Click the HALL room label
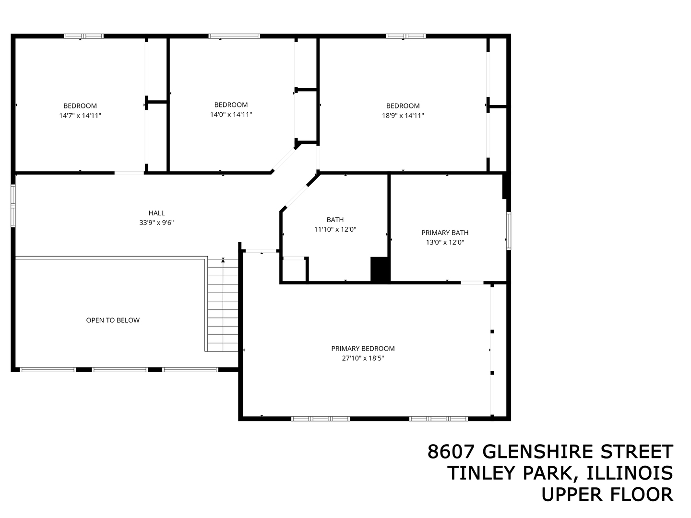point(156,213)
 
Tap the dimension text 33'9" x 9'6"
point(156,223)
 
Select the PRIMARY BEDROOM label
point(363,349)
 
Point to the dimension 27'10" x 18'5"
point(363,358)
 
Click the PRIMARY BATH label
point(445,233)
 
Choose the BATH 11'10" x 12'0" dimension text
point(335,229)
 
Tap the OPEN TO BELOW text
point(113,320)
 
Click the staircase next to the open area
point(223,305)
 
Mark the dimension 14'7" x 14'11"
point(80,116)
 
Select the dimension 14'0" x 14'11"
point(231,115)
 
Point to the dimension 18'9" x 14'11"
point(403,116)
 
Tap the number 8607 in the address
point(452,452)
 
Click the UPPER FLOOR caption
point(607,494)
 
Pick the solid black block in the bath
point(380,270)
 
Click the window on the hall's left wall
point(13,206)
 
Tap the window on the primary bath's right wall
point(509,231)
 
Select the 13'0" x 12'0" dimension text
point(445,242)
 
